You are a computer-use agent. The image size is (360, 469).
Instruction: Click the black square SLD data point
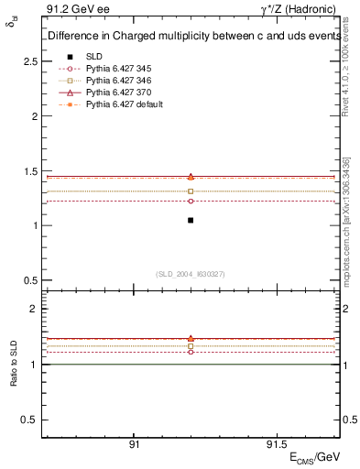click(191, 220)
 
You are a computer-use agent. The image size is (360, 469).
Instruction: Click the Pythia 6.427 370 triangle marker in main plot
click(191, 176)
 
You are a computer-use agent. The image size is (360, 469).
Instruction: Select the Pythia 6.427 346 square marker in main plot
click(191, 191)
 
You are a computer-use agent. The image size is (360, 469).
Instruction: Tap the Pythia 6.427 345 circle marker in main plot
click(191, 201)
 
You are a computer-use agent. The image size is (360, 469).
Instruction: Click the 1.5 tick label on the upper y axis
click(30, 171)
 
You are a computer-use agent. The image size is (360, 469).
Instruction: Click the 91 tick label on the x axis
click(134, 443)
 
